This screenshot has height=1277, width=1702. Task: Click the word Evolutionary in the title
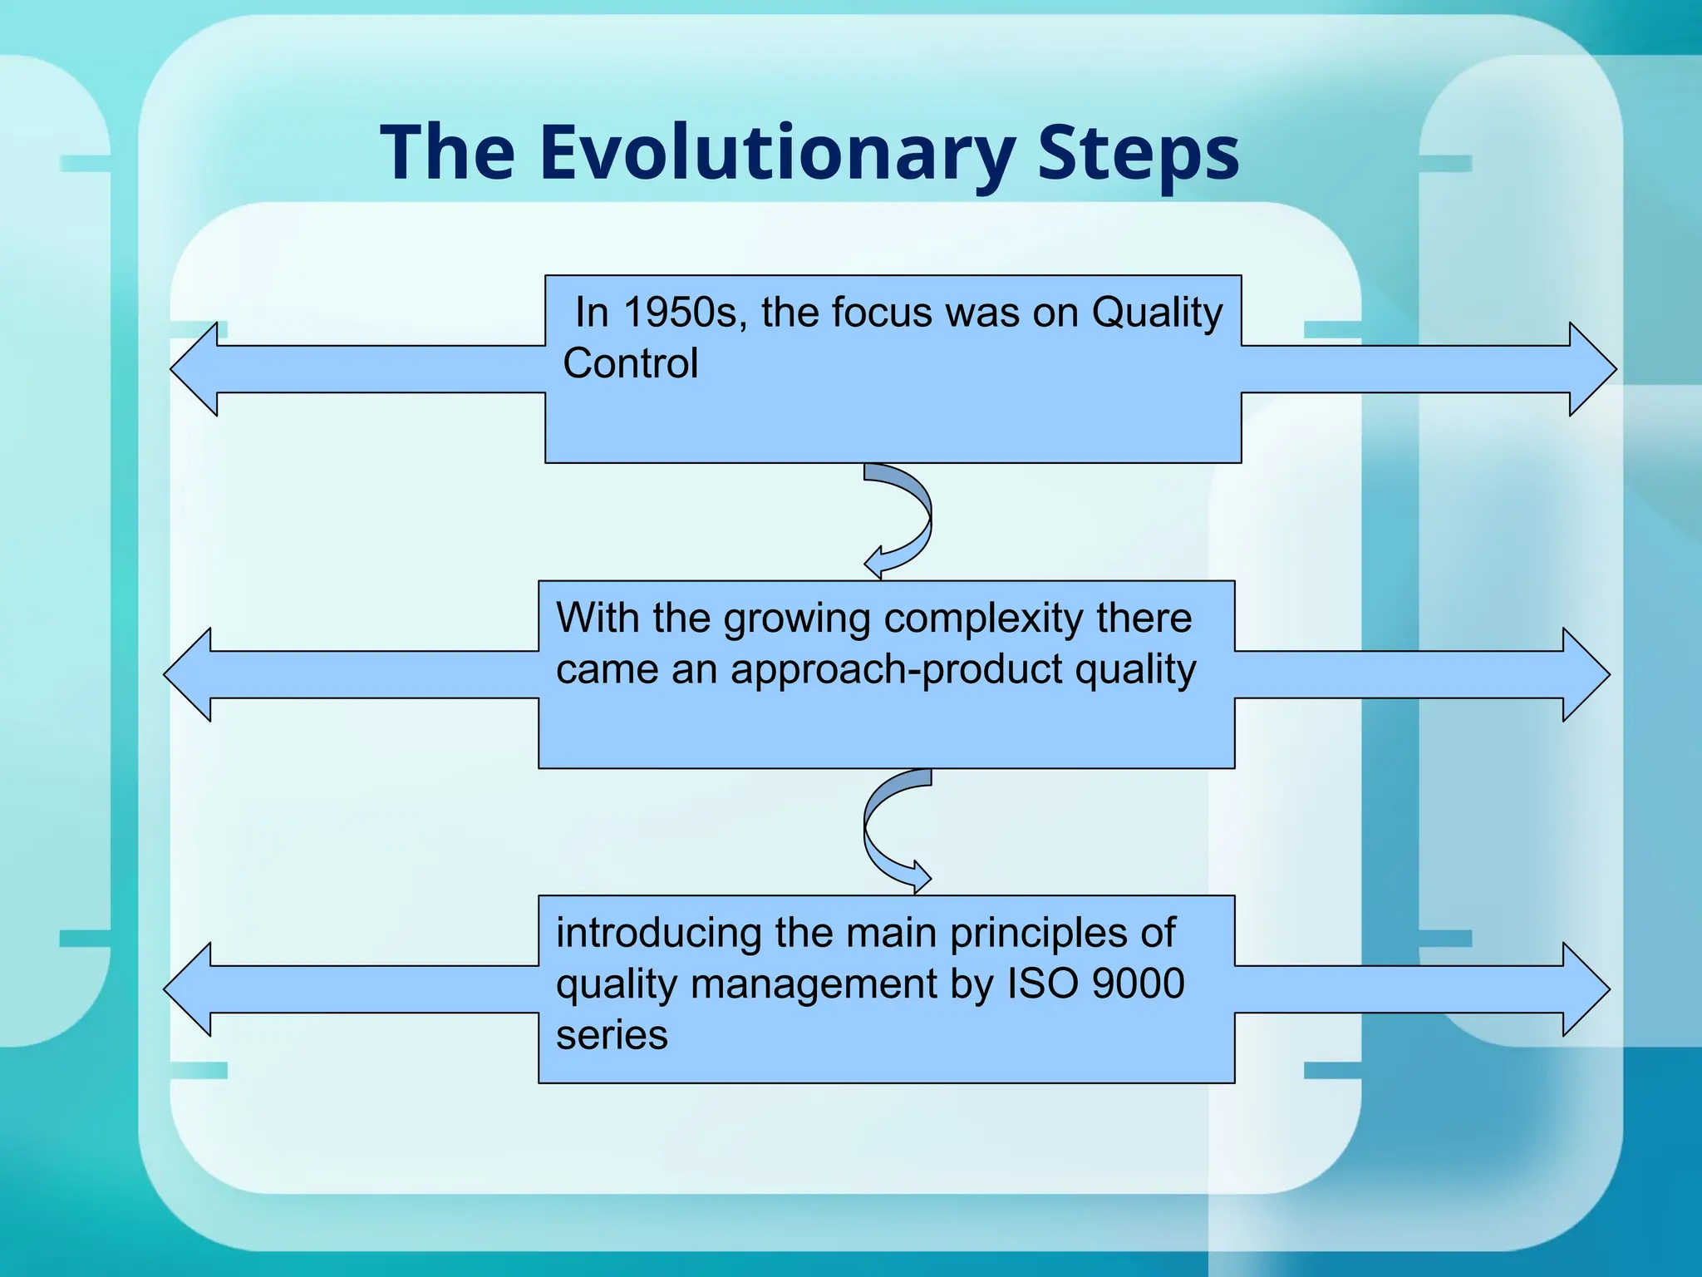pyautogui.click(x=776, y=154)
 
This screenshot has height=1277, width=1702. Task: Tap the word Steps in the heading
pyautogui.click(x=1138, y=154)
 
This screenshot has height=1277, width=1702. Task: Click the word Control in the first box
pyautogui.click(x=630, y=364)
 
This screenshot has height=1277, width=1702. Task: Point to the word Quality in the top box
pyautogui.click(x=1157, y=313)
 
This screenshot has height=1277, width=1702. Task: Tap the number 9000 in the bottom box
pyautogui.click(x=1138, y=984)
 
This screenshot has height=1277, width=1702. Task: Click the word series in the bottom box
pyautogui.click(x=612, y=1035)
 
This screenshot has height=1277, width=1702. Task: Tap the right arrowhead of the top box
pyautogui.click(x=1591, y=369)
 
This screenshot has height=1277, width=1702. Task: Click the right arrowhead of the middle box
pyautogui.click(x=1584, y=674)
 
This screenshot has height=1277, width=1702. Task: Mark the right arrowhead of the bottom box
pyautogui.click(x=1584, y=989)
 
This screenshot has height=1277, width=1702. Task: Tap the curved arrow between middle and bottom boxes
pyautogui.click(x=881, y=831)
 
